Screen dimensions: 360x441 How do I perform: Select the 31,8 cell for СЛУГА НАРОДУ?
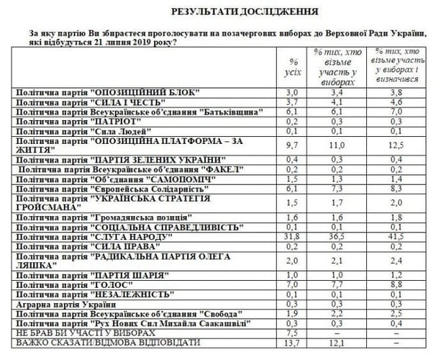292,235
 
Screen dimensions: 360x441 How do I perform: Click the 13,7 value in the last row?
292,343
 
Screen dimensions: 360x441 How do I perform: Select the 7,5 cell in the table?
292,333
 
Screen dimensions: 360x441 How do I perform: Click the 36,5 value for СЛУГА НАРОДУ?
344,235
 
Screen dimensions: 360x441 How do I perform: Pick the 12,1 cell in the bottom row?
344,343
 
